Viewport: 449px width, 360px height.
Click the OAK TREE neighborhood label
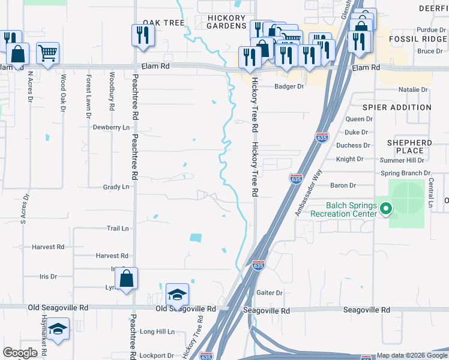163,23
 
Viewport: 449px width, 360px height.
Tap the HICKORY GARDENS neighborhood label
226,22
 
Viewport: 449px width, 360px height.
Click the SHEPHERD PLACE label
409,147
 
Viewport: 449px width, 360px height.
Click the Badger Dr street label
289,86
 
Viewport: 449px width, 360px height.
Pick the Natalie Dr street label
413,90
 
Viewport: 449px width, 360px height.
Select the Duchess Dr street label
353,145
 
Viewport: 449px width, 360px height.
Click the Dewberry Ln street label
111,127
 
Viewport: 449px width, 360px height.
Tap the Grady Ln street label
116,187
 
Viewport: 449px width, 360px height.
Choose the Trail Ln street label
118,229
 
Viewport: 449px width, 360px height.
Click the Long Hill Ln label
157,331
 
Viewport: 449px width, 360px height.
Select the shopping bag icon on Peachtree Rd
126,279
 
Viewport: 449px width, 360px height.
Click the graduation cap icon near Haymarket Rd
58,329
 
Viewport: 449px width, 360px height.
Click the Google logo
20,353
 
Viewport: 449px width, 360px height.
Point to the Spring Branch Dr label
406,173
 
